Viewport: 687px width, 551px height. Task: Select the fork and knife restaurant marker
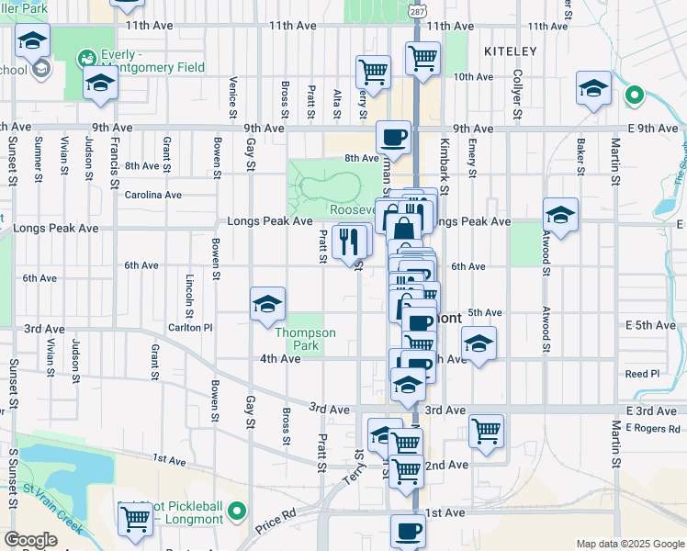coord(352,242)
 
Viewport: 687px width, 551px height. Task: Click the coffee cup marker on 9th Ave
coord(393,138)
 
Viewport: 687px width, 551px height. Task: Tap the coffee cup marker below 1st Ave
coord(408,531)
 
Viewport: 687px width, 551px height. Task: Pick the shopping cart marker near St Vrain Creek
coord(136,519)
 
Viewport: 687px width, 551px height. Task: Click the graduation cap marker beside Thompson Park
coord(267,304)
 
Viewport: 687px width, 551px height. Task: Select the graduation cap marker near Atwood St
coord(560,216)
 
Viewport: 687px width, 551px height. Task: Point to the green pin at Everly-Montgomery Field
coord(88,57)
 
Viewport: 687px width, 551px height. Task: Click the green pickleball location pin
coord(237,510)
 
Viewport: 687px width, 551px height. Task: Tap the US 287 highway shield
coord(417,8)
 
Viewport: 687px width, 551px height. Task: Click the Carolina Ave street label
coord(153,195)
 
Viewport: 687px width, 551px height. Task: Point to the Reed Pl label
coord(642,374)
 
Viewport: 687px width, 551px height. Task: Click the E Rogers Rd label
coord(651,427)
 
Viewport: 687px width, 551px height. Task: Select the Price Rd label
coord(276,519)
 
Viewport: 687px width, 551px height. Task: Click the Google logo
coord(30,540)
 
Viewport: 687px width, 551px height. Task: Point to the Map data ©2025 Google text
coord(630,544)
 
